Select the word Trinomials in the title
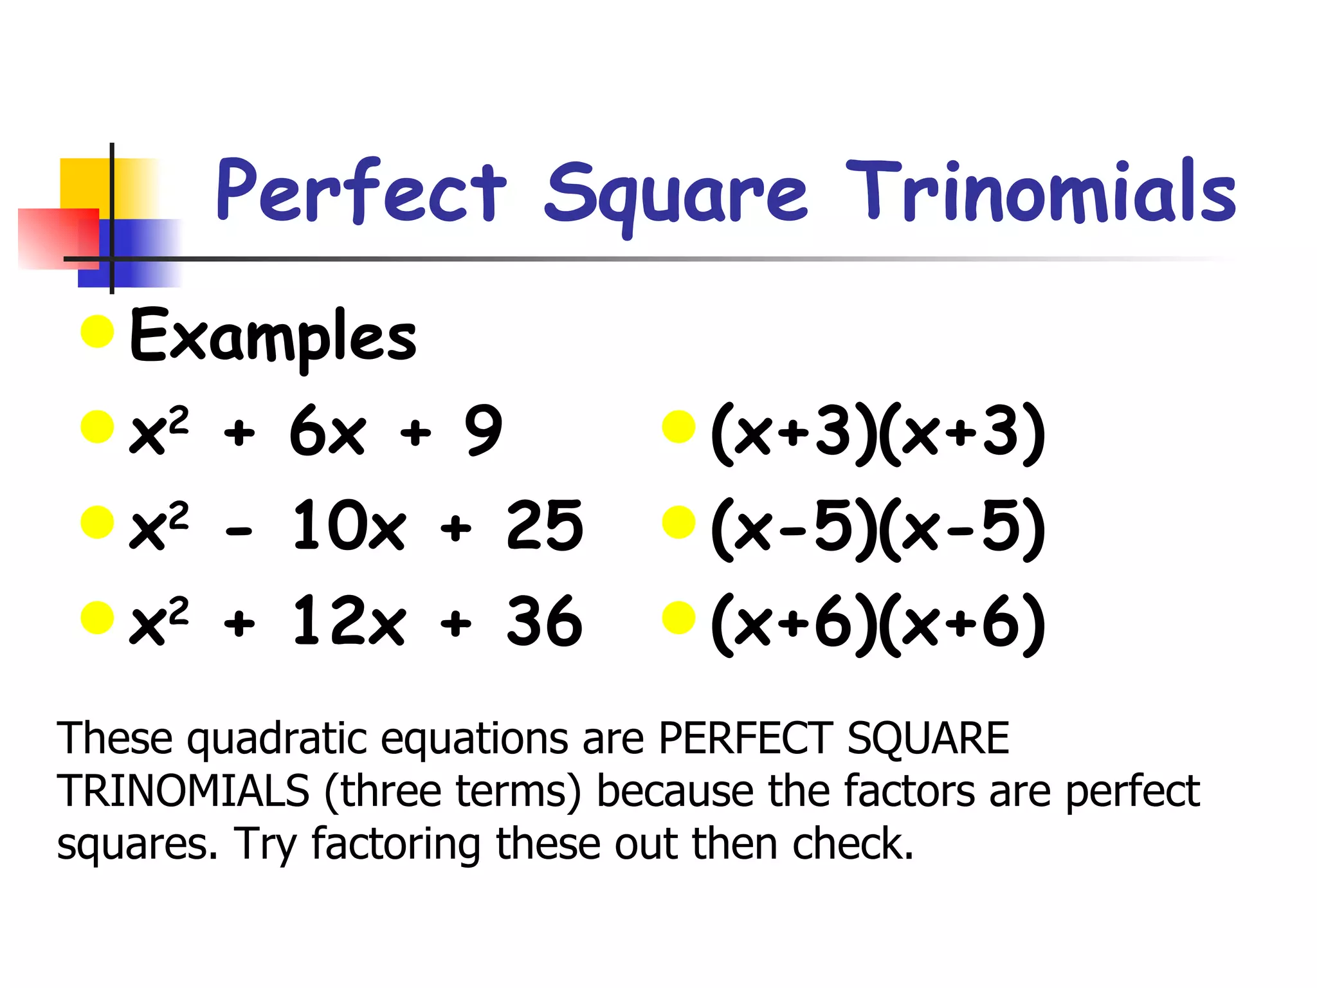pos(1040,191)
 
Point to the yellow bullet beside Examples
pos(98,331)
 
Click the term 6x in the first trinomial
pos(328,431)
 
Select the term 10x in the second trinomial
pos(349,526)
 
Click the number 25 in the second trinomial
pos(545,526)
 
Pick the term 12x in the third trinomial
pos(349,621)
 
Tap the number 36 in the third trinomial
pos(545,621)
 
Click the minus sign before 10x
pos(239,531)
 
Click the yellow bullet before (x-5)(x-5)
pos(679,522)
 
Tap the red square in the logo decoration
pos(58,238)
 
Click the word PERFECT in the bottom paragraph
pos(746,738)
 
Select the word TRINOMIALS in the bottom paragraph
pos(183,791)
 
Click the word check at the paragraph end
pos(853,843)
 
